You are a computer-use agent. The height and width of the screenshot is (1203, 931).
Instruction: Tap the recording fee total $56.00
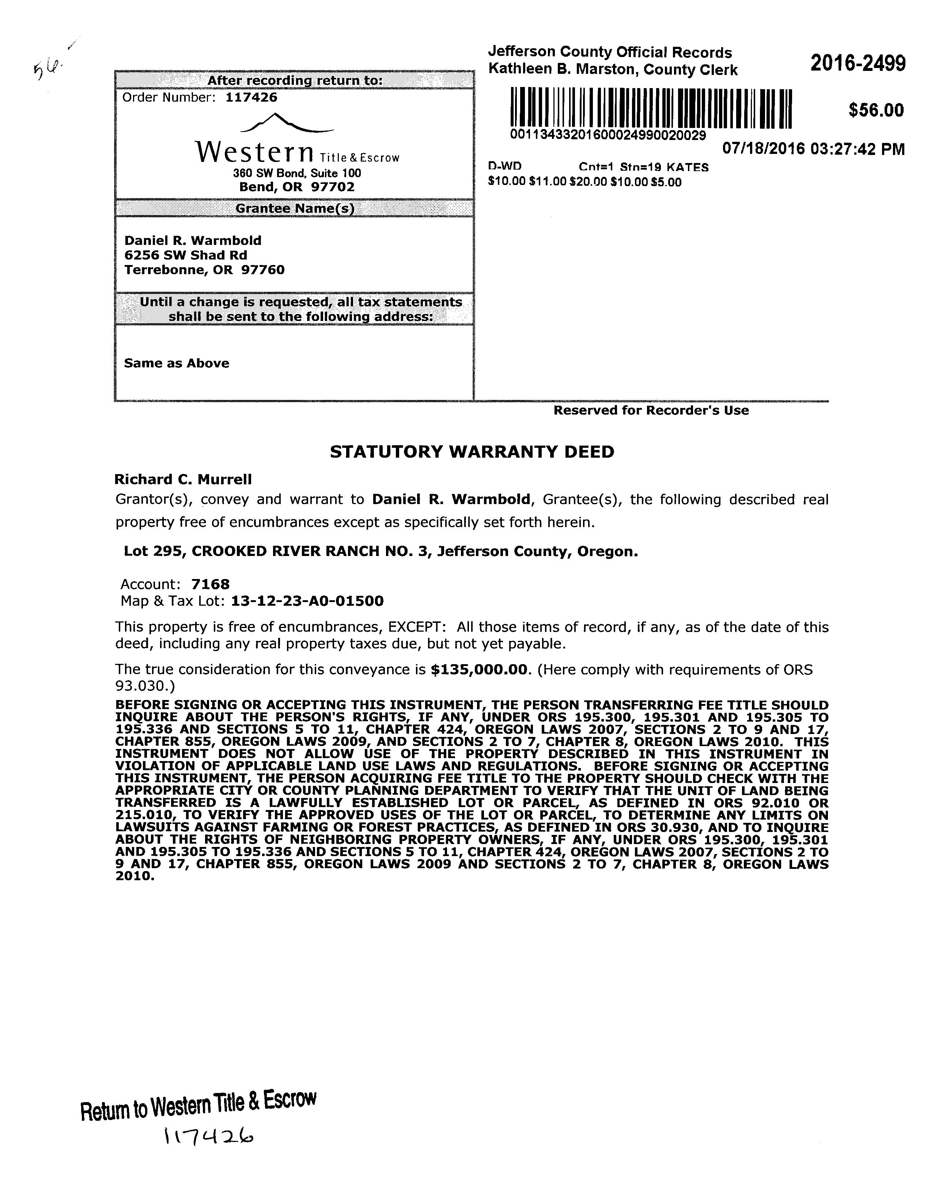coord(876,110)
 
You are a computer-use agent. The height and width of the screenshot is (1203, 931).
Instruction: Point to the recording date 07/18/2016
coord(763,149)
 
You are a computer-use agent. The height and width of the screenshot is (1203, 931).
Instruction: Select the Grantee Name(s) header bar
coord(294,209)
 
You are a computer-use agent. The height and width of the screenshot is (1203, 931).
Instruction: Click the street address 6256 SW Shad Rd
coord(186,255)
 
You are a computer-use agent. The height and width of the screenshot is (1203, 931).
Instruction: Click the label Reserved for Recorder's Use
coord(651,411)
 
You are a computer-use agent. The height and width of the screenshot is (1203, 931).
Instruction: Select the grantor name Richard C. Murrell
coord(183,480)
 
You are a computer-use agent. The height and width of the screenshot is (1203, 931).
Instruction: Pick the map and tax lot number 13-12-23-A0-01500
coord(307,601)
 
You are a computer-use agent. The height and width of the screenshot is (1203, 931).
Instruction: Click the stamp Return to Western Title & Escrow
coord(198,1103)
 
